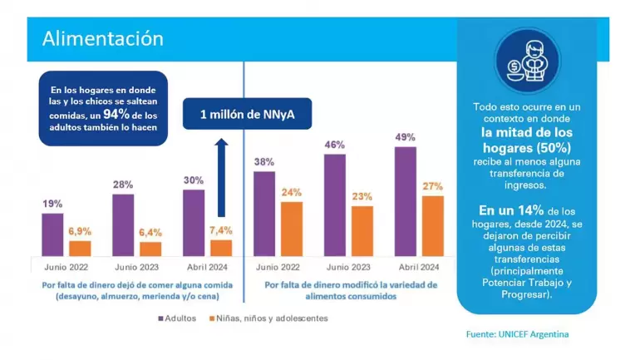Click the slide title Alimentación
102,38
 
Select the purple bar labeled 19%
52,234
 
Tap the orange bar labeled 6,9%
80,248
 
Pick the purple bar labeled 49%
406,201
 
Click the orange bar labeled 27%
433,225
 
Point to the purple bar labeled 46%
335,205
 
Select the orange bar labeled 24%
291,229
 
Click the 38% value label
263,163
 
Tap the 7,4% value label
221,229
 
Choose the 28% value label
123,185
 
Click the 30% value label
194,180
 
